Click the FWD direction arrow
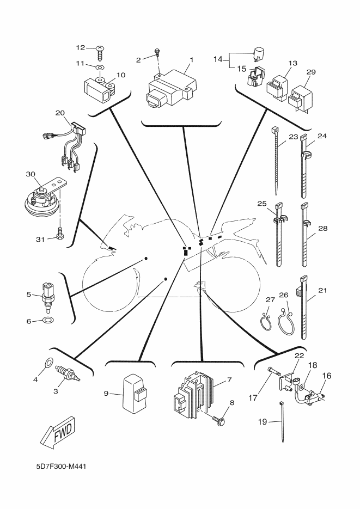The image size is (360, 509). point(57,432)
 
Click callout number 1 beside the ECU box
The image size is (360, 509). point(191,58)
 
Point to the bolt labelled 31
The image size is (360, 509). point(59,235)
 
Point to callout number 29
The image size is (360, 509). point(310,72)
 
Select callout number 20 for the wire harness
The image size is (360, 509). point(60,113)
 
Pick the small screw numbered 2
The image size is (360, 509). point(157,53)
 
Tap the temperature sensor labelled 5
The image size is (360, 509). point(47,294)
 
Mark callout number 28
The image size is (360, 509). point(323,229)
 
